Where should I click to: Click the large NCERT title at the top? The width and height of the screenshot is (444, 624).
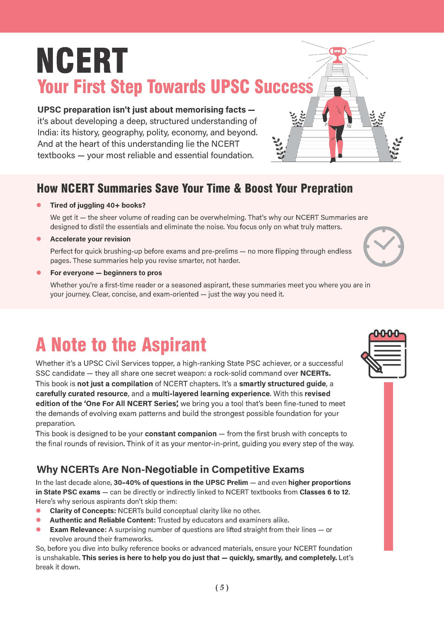point(82,61)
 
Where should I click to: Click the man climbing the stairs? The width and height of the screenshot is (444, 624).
point(336,123)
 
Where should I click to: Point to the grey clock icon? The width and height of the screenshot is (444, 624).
point(383,246)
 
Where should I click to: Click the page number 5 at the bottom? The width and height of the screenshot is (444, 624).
point(222,588)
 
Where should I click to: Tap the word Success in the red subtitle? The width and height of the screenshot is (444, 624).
point(284,87)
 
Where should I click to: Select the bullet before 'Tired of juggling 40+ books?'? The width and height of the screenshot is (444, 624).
point(39,205)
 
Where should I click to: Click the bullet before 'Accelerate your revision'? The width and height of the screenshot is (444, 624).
point(39,239)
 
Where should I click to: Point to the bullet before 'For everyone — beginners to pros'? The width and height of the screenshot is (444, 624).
point(39,273)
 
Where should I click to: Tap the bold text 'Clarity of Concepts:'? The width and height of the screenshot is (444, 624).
point(83,511)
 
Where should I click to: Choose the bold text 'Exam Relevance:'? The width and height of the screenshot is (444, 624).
point(78,530)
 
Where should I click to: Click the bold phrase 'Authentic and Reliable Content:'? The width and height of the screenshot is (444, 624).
point(102,520)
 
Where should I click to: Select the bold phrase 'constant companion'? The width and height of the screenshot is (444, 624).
point(180,434)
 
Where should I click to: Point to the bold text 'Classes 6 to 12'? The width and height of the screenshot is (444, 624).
point(324,492)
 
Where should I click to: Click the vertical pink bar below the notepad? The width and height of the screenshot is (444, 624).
point(388,466)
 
